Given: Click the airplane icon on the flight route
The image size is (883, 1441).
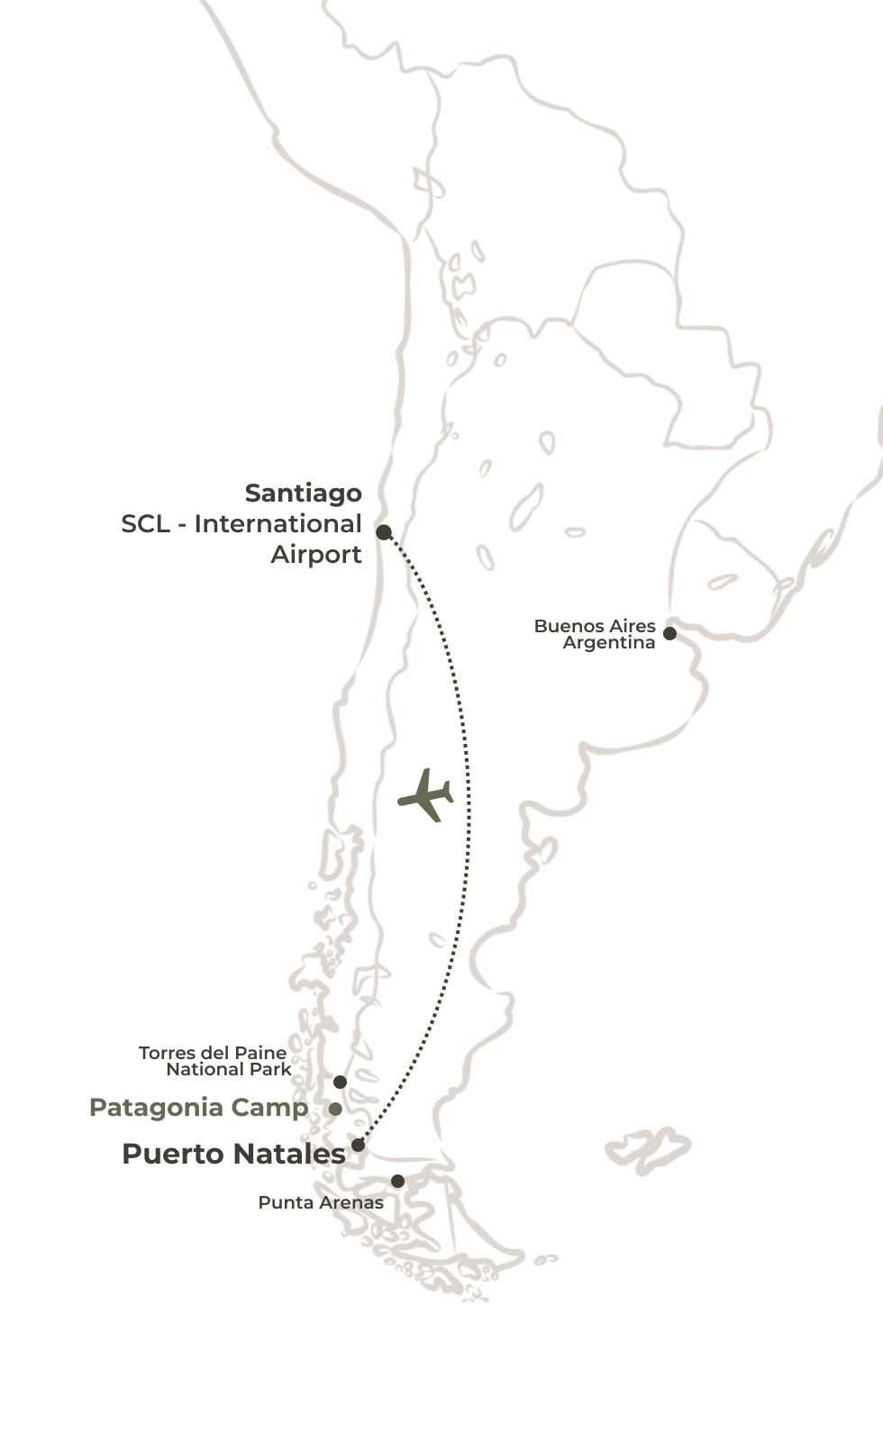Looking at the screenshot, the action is point(426,794).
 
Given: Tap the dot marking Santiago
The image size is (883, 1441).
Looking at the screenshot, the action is point(384,532).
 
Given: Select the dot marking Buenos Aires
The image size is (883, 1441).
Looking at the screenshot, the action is point(669,633).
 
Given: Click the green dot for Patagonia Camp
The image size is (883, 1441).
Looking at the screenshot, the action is point(335,1109).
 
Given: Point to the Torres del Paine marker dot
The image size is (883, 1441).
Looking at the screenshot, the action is point(340,1082).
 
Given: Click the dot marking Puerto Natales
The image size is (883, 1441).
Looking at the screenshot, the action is point(358,1145).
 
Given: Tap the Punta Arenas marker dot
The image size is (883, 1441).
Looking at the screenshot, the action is point(397,1181).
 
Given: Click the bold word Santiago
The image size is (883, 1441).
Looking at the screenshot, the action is point(303,494).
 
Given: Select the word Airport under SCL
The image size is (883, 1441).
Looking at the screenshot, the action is point(316,554).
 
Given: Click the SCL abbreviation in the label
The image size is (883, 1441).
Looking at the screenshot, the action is point(144,524).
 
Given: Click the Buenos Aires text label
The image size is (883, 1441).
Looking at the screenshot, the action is point(595,626).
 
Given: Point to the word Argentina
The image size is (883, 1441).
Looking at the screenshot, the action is point(609,642).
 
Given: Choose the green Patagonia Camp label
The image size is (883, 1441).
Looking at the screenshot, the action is point(198,1108).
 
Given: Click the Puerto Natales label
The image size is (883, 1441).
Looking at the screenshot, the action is point(233,1154).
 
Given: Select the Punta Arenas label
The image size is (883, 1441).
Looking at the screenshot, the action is point(321,1202).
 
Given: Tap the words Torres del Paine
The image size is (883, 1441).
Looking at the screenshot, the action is point(213,1053).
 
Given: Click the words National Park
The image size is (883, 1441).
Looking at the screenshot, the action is point(229,1069).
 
